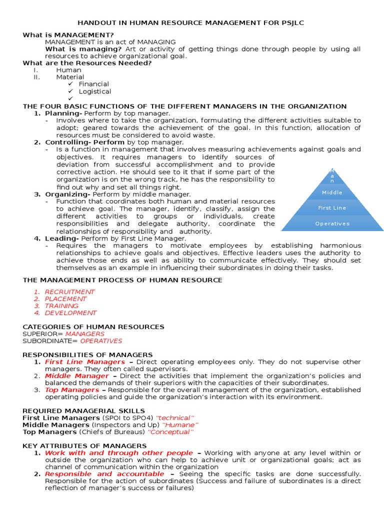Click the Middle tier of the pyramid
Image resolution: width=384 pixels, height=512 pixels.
[332, 192]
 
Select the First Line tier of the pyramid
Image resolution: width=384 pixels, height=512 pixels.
[332, 207]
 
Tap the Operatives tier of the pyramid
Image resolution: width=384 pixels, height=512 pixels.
[332, 223]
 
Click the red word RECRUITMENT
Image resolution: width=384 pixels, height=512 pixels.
[69, 291]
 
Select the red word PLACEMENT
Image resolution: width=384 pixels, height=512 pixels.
[65, 298]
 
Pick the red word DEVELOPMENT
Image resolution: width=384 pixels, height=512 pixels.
[70, 312]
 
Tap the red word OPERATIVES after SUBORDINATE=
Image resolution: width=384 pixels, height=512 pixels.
[101, 340]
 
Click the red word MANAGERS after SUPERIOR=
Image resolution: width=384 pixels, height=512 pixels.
[85, 333]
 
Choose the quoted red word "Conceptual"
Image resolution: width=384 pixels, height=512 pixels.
[171, 431]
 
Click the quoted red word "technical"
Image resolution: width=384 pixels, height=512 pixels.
[174, 417]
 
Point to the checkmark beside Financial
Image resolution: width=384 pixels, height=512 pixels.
[70, 84]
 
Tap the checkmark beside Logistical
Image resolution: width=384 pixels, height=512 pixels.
[70, 91]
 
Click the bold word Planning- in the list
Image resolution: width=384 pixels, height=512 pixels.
[63, 113]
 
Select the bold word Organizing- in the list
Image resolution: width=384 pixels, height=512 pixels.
[68, 194]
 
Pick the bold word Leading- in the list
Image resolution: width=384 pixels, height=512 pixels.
[62, 238]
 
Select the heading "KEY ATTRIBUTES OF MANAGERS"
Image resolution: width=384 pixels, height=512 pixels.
[85, 445]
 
